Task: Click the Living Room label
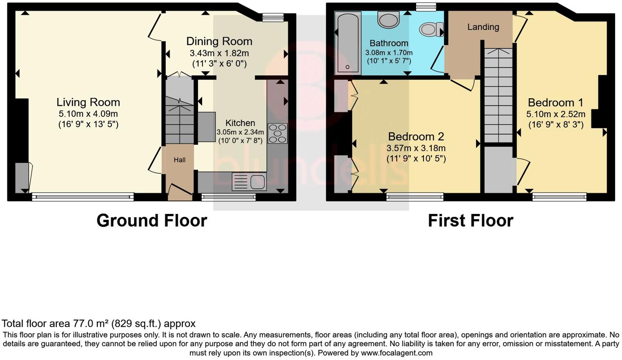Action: tap(88, 102)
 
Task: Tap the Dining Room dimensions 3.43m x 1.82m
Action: tap(219, 53)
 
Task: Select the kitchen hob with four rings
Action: tap(277, 133)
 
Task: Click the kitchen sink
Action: tap(249, 182)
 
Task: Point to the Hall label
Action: tap(179, 160)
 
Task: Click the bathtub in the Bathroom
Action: tap(347, 43)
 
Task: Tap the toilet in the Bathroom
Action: tap(428, 29)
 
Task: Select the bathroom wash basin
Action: tap(388, 19)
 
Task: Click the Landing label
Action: tap(483, 27)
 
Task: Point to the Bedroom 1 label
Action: tap(555, 102)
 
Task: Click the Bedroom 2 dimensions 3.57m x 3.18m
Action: tap(416, 148)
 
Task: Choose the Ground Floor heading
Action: tap(151, 220)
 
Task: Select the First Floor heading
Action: tap(470, 220)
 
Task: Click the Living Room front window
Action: tap(83, 197)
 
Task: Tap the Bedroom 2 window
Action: tap(415, 197)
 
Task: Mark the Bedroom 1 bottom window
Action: tap(559, 197)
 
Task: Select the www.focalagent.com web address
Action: tap(396, 353)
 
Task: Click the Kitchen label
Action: tap(240, 123)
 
